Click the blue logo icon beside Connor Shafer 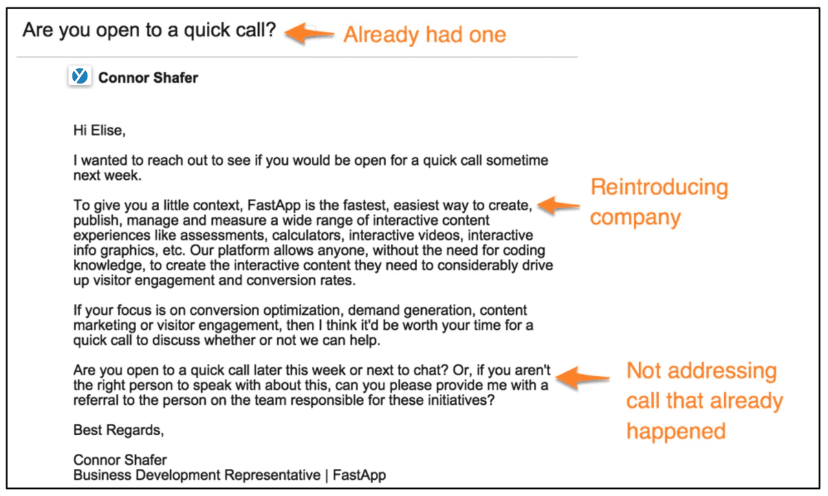pyautogui.click(x=80, y=77)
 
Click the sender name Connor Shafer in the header pyautogui.click(x=148, y=78)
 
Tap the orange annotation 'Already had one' pyautogui.click(x=424, y=34)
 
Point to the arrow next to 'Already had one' pyautogui.click(x=309, y=33)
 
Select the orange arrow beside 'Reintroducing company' pyautogui.click(x=559, y=206)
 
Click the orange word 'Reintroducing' pyautogui.click(x=659, y=188)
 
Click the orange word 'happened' pyautogui.click(x=675, y=431)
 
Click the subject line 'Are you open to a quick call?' pyautogui.click(x=149, y=30)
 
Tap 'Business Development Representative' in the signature pyautogui.click(x=197, y=475)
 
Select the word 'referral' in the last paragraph pyautogui.click(x=95, y=400)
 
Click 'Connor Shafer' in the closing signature pyautogui.click(x=120, y=460)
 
